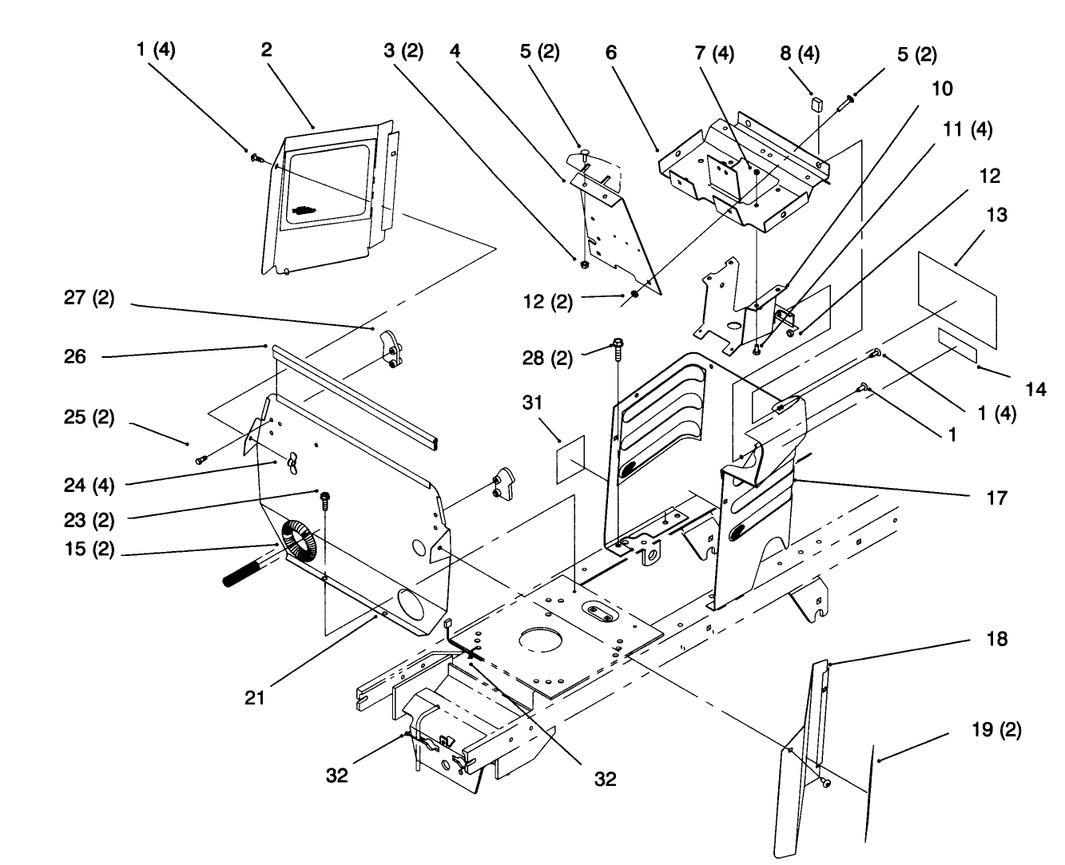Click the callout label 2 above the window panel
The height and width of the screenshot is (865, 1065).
266,50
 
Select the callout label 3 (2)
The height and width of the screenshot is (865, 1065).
403,51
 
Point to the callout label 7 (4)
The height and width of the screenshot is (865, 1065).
713,54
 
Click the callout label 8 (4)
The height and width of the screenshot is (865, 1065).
799,54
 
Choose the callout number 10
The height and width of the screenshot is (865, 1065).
942,88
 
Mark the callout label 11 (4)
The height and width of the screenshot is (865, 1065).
970,129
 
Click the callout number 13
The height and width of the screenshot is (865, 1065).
996,215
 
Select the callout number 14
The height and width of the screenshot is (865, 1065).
1035,390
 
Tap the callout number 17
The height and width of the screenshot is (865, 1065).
997,498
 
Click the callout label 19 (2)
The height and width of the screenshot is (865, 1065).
996,729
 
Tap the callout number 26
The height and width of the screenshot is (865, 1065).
75,356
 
